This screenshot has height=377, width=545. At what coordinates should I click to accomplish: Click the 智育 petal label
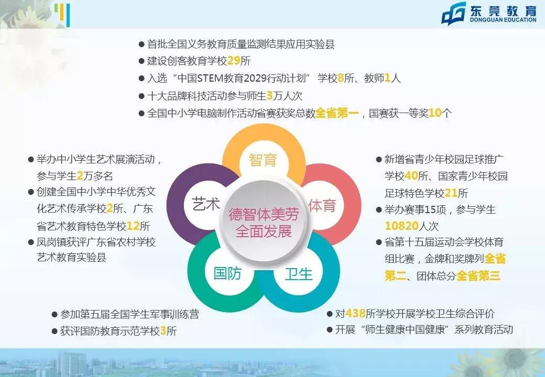[x=263, y=160]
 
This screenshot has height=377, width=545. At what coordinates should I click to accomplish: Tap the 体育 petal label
[x=322, y=205]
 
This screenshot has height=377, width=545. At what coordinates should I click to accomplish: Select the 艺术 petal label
[x=206, y=204]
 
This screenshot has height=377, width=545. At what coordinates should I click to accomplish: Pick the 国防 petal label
[x=227, y=273]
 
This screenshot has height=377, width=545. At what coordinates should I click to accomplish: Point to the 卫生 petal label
[x=298, y=273]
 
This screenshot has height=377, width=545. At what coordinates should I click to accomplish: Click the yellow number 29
[x=234, y=61]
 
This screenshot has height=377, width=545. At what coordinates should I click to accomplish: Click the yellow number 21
[x=451, y=192]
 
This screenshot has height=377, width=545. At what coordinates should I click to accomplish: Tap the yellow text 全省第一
[x=337, y=113]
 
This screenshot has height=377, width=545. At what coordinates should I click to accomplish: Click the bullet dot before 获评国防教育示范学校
[x=54, y=331]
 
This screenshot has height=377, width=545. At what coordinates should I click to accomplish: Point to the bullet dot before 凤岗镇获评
[x=31, y=242]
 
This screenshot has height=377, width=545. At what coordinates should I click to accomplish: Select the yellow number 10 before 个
[x=435, y=113]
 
